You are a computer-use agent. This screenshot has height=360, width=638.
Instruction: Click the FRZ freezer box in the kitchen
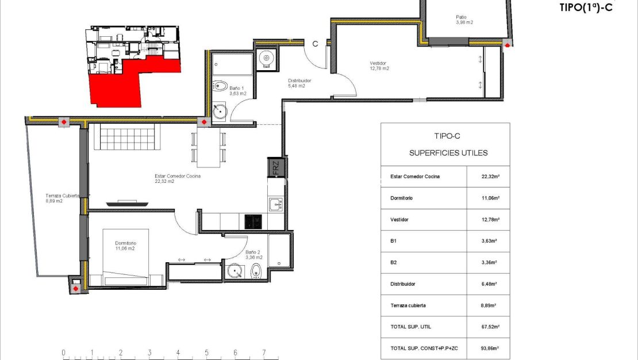click(276, 168)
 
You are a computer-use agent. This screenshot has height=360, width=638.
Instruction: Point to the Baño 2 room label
click(253, 255)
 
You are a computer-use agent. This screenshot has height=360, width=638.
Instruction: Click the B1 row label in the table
click(394, 241)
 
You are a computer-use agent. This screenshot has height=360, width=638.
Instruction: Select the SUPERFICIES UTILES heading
click(448, 153)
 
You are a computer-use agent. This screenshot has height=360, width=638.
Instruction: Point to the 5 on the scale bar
click(206, 353)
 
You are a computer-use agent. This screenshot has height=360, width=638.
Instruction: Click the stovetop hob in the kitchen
click(253, 221)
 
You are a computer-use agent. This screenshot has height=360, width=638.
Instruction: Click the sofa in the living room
click(127, 137)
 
